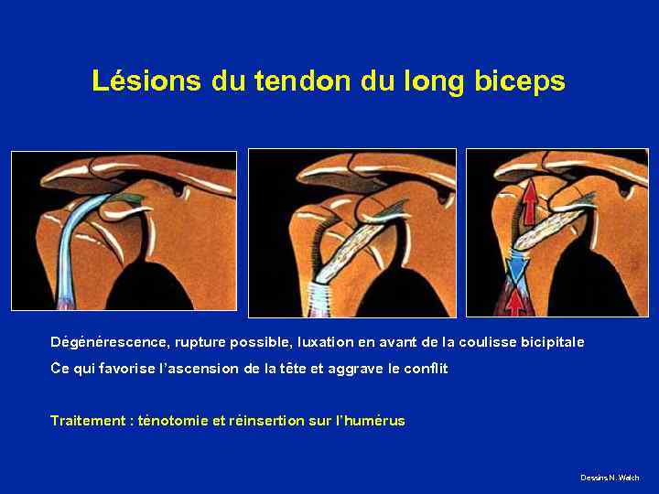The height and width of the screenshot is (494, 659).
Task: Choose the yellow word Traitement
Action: tap(89, 421)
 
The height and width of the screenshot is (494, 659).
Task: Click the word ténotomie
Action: tap(172, 421)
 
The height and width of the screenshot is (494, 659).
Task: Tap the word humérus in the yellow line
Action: tap(374, 421)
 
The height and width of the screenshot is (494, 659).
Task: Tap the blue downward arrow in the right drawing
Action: tap(518, 268)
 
